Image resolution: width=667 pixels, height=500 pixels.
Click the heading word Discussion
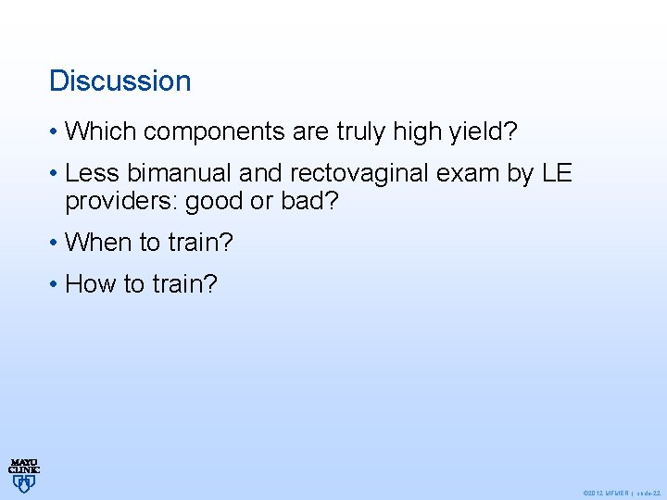click(120, 81)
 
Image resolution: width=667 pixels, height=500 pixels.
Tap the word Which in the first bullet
click(101, 131)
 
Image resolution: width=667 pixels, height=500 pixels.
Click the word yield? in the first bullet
click(484, 131)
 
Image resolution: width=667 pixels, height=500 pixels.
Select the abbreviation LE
click(559, 173)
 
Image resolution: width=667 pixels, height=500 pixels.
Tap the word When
click(99, 243)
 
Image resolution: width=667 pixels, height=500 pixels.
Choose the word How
click(91, 283)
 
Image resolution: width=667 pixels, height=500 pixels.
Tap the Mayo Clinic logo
click(24, 473)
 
